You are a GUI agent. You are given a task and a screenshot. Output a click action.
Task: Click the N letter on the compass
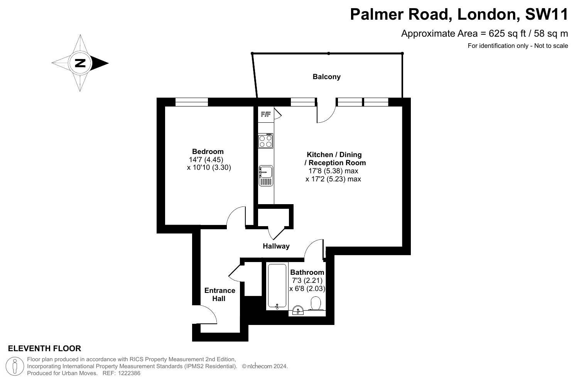pos(80,63)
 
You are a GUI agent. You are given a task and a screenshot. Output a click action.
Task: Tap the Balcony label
pos(326,77)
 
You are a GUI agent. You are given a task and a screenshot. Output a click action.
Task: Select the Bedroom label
pos(208,151)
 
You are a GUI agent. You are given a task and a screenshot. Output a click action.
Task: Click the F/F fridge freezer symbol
pos(266,114)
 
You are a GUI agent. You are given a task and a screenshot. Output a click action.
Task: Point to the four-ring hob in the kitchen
pos(265,141)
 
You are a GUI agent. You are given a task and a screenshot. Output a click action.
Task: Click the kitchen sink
pos(266,176)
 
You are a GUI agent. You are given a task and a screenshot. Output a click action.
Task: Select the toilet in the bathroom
pos(316,303)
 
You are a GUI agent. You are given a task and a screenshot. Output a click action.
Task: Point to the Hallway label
pos(276,246)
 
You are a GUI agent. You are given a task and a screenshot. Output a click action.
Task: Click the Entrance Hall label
pos(219,294)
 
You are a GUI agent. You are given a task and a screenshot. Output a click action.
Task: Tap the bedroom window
pos(191,102)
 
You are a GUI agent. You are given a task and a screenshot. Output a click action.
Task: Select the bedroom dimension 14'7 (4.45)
pos(206,159)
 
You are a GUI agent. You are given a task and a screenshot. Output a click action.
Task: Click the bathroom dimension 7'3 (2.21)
pos(307,281)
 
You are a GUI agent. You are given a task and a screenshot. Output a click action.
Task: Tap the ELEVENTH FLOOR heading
pos(45,348)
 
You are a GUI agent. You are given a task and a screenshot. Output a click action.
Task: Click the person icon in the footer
pos(15,366)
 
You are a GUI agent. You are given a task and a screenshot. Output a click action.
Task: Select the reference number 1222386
pos(129,373)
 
